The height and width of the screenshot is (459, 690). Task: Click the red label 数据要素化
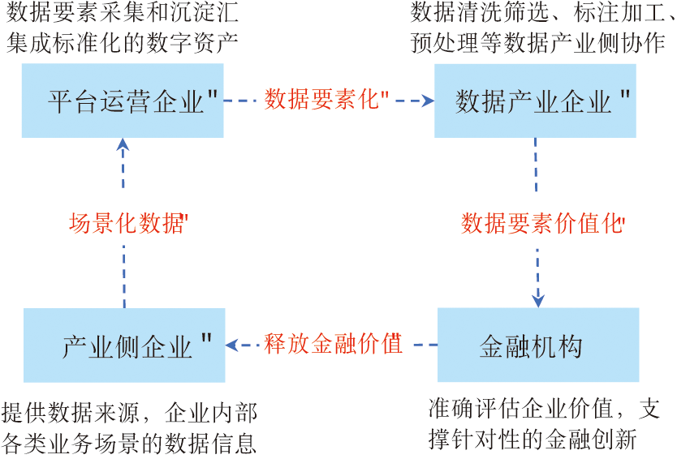322,101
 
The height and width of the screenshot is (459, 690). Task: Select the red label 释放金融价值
334,345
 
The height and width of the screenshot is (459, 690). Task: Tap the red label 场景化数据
127,223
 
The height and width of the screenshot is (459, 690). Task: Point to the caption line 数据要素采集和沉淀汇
123,14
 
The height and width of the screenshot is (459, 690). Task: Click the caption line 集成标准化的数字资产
123,42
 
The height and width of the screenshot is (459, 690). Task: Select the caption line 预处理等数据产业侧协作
537,42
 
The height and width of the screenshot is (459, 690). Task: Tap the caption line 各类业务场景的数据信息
130,443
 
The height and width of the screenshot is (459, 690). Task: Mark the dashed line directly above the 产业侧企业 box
124,276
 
